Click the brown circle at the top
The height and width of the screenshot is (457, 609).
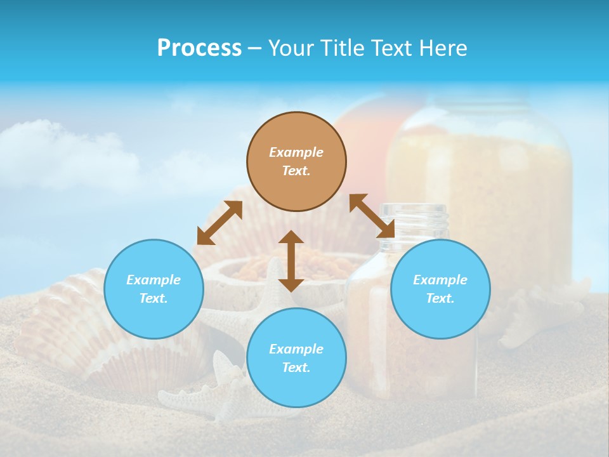(x=296, y=161)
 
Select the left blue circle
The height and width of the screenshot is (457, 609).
(x=154, y=289)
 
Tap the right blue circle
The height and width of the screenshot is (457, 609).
(x=440, y=289)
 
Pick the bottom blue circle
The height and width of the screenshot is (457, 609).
(x=296, y=358)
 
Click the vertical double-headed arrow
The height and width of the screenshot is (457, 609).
(x=291, y=261)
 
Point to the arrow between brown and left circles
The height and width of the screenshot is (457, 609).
(x=219, y=223)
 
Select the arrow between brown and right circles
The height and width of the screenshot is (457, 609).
(x=372, y=216)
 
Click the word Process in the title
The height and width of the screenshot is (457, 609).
(x=199, y=48)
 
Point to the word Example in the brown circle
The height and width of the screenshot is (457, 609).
(x=296, y=152)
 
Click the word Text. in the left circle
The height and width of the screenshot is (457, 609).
(x=154, y=298)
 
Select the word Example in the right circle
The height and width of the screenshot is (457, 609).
(x=440, y=280)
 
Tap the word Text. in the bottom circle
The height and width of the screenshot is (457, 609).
(x=296, y=368)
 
